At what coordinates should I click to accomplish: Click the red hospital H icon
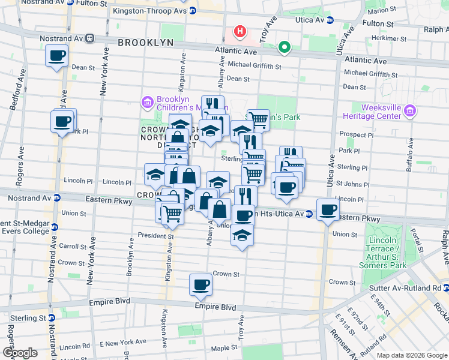pyautogui.click(x=240, y=31)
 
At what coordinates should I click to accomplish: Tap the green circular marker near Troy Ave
pyautogui.click(x=283, y=47)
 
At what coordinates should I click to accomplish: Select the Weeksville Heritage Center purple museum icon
pyautogui.click(x=410, y=110)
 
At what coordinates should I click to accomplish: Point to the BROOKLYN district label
pyautogui.click(x=145, y=43)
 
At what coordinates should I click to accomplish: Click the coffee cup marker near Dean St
pyautogui.click(x=57, y=56)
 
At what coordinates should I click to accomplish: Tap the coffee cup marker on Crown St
pyautogui.click(x=200, y=284)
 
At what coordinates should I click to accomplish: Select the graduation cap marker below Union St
pyautogui.click(x=242, y=235)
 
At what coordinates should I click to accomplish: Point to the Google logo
pyautogui.click(x=20, y=353)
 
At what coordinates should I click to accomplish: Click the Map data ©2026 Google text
pyautogui.click(x=411, y=355)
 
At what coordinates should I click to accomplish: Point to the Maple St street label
pyautogui.click(x=223, y=348)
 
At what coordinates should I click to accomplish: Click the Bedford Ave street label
pyautogui.click(x=17, y=93)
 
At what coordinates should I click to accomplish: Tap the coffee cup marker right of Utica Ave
pyautogui.click(x=328, y=210)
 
